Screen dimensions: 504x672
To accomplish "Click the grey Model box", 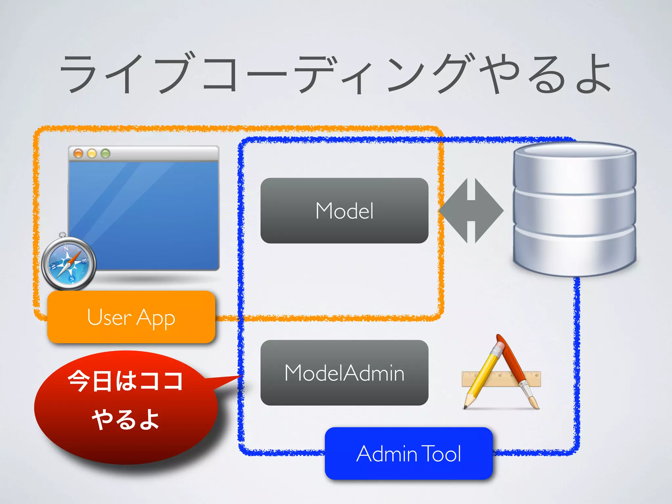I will tap(344, 211).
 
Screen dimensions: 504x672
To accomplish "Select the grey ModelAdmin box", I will tap(344, 373).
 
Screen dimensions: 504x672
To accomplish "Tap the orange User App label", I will tap(131, 317).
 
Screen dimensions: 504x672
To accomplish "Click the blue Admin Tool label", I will tap(409, 453).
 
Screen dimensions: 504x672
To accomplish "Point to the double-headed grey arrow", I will tap(471, 211).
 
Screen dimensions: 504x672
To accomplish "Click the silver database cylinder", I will tap(574, 210).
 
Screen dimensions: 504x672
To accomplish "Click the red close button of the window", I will tap(78, 153).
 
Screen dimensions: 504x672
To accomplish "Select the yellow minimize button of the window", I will tap(92, 153).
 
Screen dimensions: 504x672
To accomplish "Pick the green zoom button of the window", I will tap(105, 153).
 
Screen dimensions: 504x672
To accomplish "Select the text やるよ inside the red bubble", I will tap(125, 419).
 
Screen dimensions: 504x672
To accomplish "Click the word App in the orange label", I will tap(156, 318).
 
